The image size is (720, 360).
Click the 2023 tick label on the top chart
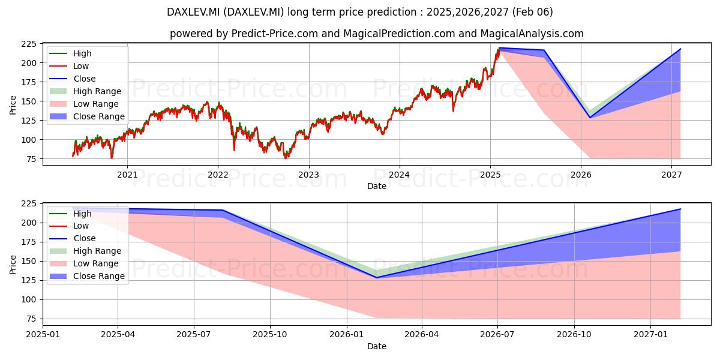point(309,175)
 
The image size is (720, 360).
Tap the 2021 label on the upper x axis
point(127,175)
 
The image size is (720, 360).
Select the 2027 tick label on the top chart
point(671,175)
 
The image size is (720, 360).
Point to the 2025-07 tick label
point(194,335)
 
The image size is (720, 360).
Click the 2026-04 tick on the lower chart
point(422,335)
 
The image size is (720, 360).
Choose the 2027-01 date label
point(650,335)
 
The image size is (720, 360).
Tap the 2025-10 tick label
point(270,335)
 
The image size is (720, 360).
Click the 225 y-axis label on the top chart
point(29,44)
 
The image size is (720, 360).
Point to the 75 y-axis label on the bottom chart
point(31,319)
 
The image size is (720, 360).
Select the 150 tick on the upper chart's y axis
point(29,101)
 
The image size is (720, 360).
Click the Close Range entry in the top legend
point(87,116)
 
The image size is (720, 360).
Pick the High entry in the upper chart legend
point(70,53)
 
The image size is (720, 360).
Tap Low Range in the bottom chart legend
point(84,263)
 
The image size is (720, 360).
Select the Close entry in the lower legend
point(73,239)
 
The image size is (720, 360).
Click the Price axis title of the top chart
point(13,105)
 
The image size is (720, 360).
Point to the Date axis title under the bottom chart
point(377,347)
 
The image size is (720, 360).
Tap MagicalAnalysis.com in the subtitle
point(532,34)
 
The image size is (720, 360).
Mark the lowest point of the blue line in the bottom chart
point(377,278)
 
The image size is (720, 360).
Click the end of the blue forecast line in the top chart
point(681,49)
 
